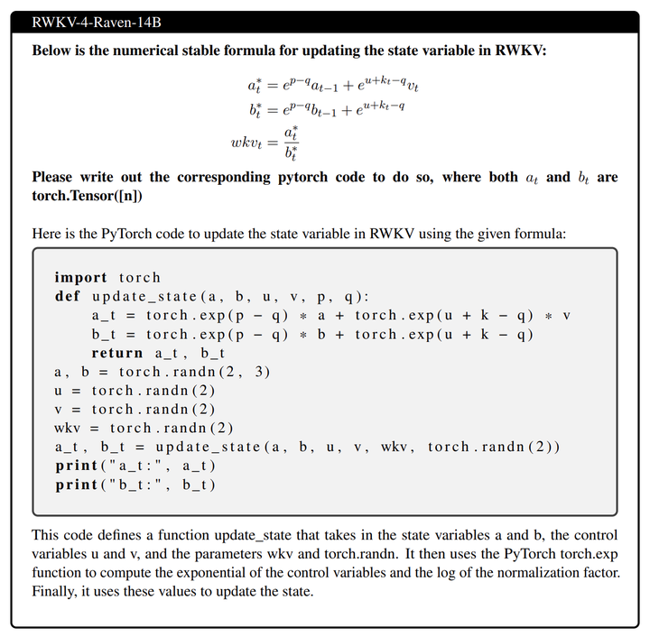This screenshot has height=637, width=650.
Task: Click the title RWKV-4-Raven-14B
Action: click(x=89, y=23)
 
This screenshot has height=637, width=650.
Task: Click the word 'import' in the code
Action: click(x=80, y=278)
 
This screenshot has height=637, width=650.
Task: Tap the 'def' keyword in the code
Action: click(x=67, y=297)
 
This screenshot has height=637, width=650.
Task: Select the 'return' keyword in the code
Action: click(x=117, y=353)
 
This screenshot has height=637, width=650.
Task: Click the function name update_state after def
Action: click(x=144, y=297)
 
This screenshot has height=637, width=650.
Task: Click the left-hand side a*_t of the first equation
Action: click(x=256, y=88)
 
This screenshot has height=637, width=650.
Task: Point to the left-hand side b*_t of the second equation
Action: click(x=256, y=110)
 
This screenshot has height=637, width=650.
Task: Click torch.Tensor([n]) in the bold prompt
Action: click(x=88, y=195)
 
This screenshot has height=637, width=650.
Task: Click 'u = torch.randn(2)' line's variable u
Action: click(x=59, y=391)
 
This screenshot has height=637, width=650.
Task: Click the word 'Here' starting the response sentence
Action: click(x=47, y=234)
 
